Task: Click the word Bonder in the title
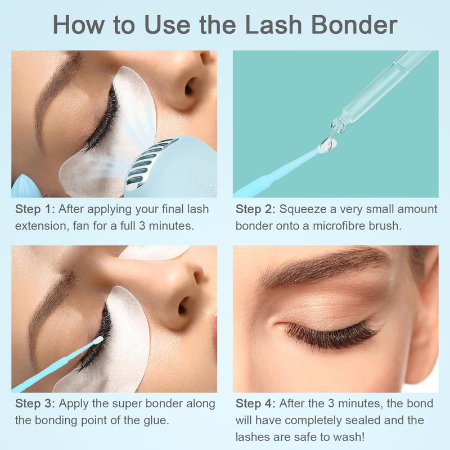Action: [x=354, y=25]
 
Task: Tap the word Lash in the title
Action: [x=273, y=25]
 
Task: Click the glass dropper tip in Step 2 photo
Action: [x=337, y=125]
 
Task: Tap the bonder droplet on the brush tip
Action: [x=328, y=143]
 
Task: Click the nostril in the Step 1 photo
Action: [x=189, y=88]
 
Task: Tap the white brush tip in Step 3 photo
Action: [x=98, y=340]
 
